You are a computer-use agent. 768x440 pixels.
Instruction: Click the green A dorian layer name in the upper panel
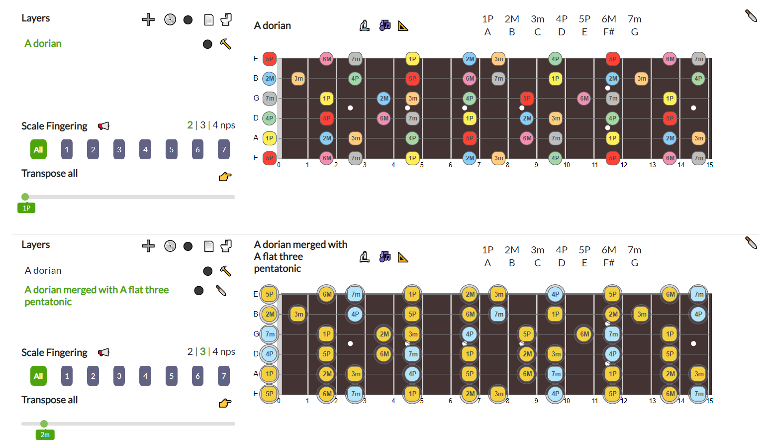click(43, 43)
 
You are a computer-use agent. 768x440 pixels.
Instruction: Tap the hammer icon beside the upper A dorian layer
click(225, 44)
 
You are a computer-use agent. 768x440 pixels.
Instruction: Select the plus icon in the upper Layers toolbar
click(148, 19)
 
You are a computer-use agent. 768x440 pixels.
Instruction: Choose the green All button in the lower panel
click(38, 376)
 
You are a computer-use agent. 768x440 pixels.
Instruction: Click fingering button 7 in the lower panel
click(224, 376)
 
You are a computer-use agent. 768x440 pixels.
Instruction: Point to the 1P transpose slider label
click(26, 208)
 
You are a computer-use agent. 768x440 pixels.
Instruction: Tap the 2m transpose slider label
click(45, 435)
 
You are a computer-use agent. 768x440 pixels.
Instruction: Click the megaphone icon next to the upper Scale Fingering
click(103, 126)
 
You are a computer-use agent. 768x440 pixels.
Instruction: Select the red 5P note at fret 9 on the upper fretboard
click(527, 99)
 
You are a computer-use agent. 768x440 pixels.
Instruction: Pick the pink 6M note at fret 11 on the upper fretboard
click(584, 99)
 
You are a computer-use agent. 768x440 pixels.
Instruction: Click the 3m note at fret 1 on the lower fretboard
click(298, 314)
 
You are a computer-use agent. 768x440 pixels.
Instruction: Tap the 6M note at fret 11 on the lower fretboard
click(584, 334)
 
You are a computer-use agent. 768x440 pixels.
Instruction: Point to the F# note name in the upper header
click(608, 32)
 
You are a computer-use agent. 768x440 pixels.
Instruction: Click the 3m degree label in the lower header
click(537, 250)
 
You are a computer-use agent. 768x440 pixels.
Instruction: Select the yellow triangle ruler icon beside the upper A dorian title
click(403, 26)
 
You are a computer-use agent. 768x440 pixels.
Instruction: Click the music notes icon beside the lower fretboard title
click(384, 257)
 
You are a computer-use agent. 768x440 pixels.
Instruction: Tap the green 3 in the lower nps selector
click(202, 351)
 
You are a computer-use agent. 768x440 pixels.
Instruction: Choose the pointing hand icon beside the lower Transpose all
click(225, 403)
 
